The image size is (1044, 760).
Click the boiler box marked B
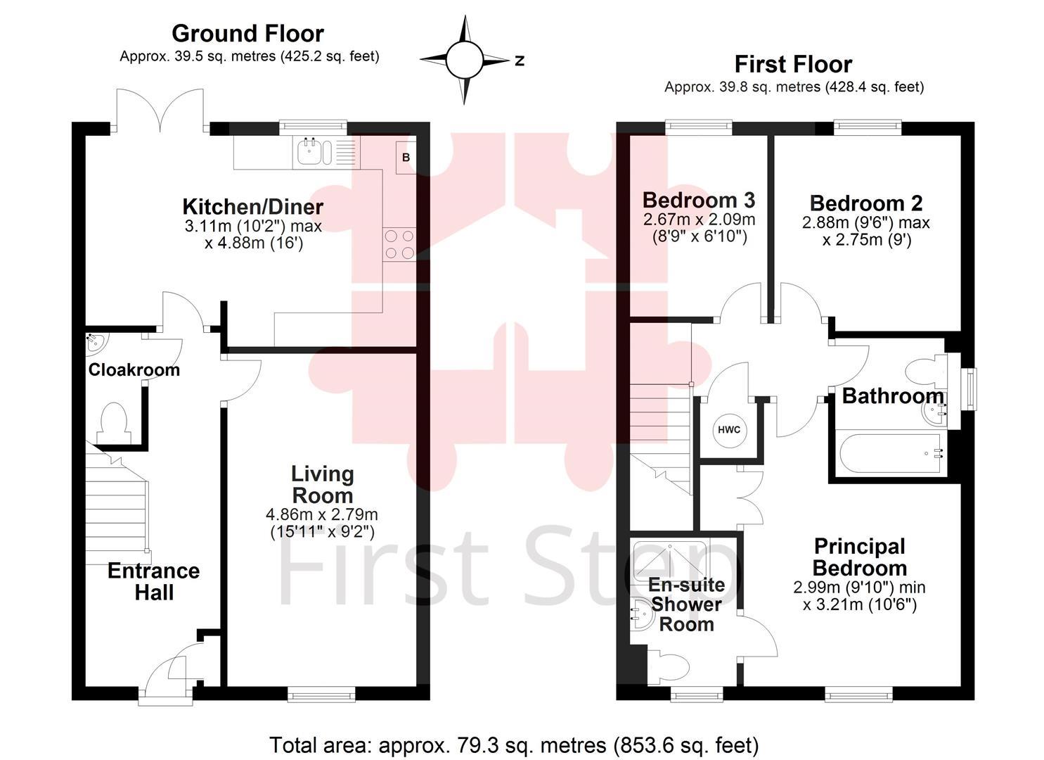406,158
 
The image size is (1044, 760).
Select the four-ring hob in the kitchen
399,244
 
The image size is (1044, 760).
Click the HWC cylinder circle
729,430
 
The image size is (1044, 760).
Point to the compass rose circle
464,61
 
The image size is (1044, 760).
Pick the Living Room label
323,485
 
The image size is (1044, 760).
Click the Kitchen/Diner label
253,207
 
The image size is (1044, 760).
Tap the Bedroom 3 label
699,200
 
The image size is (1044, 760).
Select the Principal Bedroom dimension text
860,595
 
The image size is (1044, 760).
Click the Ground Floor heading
247,33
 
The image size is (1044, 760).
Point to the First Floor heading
793,64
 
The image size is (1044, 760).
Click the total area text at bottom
514,745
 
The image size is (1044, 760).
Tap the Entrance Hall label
153,581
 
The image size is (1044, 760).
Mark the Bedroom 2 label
866,203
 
